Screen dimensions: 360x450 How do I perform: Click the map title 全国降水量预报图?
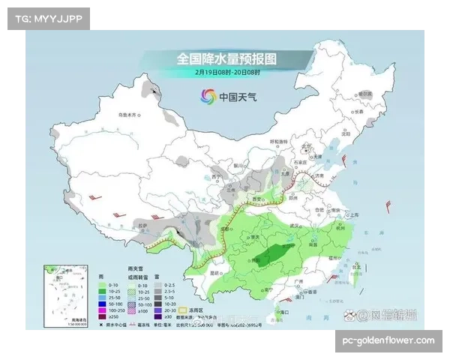tap(226, 58)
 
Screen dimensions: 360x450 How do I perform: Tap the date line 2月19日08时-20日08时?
tap(226, 73)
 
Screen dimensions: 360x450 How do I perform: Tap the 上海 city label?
tap(347, 214)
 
